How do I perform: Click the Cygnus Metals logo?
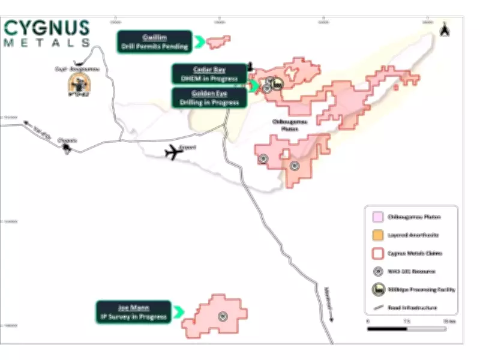click(47, 33)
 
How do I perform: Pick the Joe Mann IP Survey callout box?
click(133, 312)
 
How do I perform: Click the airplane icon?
click(174, 152)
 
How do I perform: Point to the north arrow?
click(444, 29)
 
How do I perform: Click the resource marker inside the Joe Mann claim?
click(221, 316)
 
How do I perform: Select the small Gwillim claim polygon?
click(218, 41)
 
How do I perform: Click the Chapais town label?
click(67, 140)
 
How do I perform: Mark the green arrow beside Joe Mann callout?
click(178, 312)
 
